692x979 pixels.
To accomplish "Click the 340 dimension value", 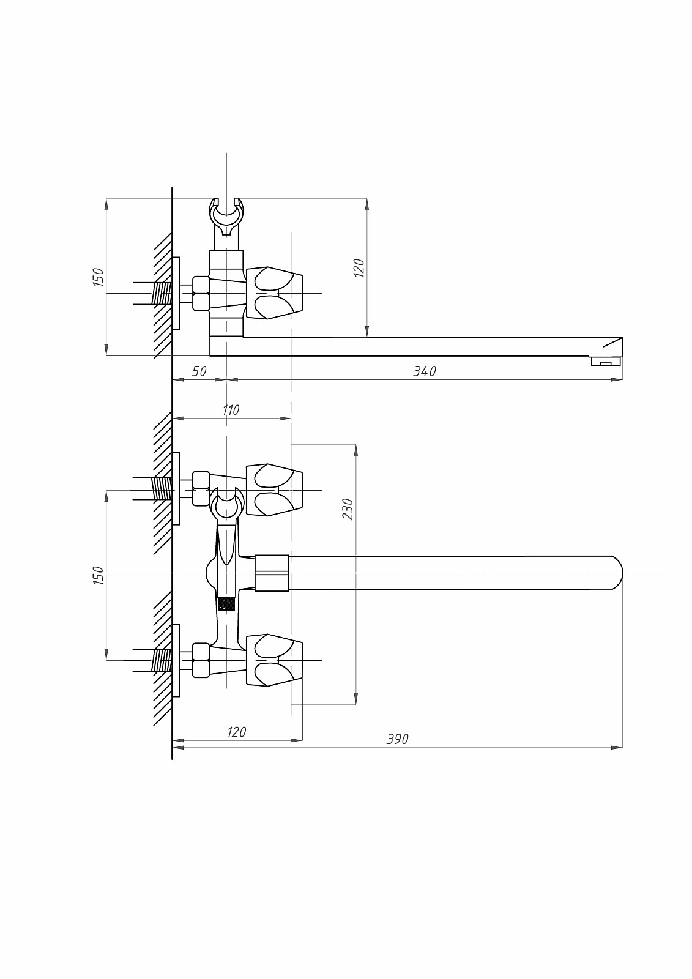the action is coord(425,371).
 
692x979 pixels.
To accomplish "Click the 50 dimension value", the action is coord(199,371).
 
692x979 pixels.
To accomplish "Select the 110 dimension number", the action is coord(231,410).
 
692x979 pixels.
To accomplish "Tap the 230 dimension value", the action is coord(348,508).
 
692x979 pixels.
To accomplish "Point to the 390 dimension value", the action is coord(397,739).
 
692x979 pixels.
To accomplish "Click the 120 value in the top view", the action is coord(359,267).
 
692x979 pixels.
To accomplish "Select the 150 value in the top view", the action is coord(99,277).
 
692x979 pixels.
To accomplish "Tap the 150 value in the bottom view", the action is coord(99,576).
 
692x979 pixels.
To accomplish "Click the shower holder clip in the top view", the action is coord(226,217).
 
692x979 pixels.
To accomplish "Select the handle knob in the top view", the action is coord(274,293).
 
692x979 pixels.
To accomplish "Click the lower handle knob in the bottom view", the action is coord(274,660).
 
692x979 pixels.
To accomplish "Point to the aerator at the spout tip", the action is coord(606,361).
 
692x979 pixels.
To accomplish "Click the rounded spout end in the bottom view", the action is coord(616,573).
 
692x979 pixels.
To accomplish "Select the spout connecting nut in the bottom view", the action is coord(272,573).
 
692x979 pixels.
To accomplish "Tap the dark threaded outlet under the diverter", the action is coord(226,603).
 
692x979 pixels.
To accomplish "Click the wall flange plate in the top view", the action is coord(176,293).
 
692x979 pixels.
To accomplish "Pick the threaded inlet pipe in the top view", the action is coord(161,293).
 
